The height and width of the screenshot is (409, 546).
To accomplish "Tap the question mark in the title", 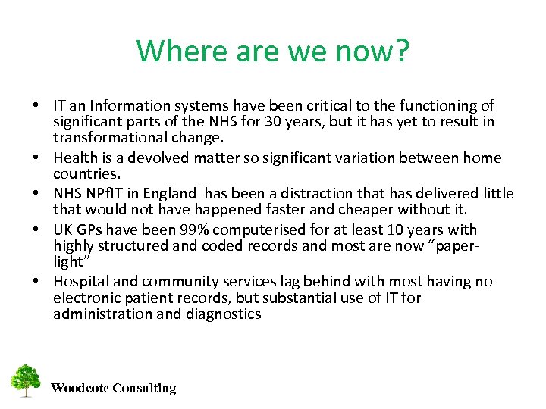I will tap(402, 52).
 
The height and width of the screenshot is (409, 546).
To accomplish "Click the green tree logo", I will tap(26, 381).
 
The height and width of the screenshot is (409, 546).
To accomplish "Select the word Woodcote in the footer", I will tap(79, 389).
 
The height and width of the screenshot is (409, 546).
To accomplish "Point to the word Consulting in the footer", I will tap(144, 389).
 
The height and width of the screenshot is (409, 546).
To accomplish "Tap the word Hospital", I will tap(80, 281).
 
